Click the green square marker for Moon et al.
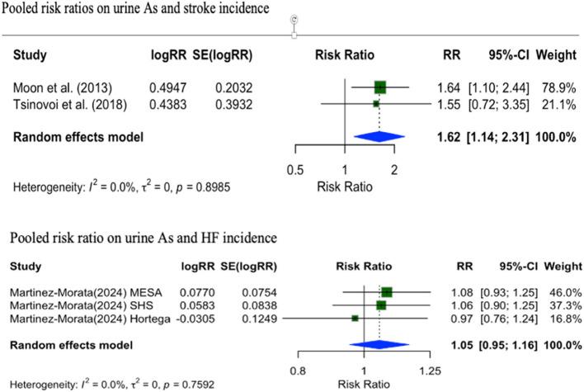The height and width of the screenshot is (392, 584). tap(379, 87)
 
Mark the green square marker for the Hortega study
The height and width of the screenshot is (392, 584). tap(356, 318)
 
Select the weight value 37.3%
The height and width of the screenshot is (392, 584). tap(565, 305)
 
